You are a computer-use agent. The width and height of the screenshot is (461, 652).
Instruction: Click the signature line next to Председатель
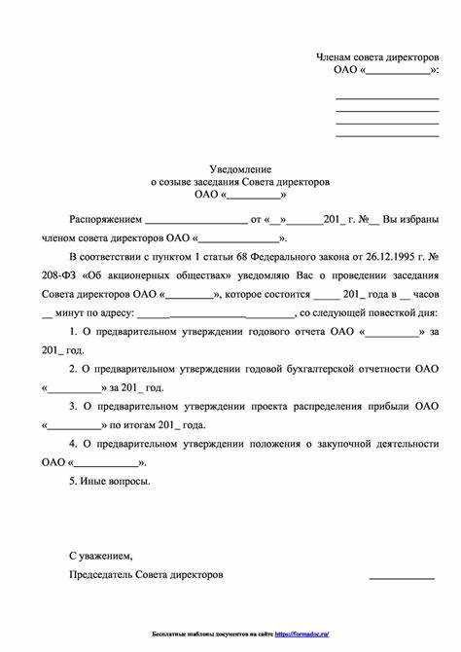[401, 578]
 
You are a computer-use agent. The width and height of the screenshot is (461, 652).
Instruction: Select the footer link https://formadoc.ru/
[301, 634]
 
